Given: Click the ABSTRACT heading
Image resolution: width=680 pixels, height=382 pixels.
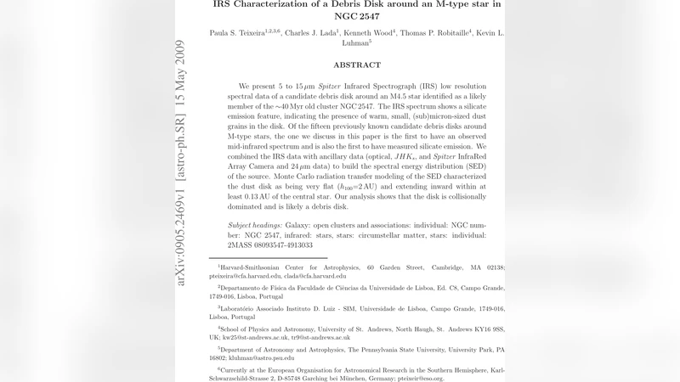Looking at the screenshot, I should point(357,65).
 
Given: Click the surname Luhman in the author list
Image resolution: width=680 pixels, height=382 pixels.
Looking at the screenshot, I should point(351,42).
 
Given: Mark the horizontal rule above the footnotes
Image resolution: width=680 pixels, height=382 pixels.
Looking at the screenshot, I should point(267,257).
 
